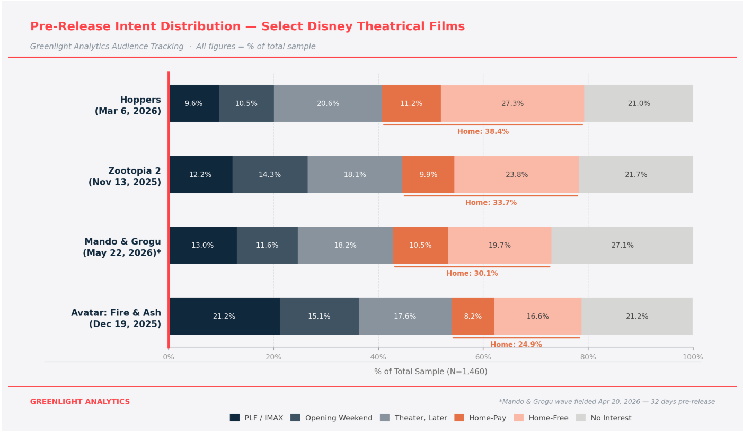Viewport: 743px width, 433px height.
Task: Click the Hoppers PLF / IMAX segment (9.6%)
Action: (193, 103)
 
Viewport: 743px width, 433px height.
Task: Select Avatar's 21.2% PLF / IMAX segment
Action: (224, 317)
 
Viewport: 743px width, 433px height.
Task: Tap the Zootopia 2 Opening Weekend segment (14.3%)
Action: (270, 175)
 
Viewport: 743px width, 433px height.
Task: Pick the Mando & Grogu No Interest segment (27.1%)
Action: (622, 246)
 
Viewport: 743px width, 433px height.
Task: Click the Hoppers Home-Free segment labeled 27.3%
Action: (512, 103)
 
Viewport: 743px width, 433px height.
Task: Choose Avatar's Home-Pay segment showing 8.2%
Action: (473, 317)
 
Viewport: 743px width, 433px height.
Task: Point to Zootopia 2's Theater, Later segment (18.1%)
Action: (355, 175)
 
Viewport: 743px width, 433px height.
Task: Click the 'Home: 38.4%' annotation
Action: (483, 132)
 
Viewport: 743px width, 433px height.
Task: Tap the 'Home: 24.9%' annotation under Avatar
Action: (516, 345)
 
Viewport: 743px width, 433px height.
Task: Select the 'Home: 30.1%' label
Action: (472, 274)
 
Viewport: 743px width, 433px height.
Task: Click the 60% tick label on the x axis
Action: (483, 357)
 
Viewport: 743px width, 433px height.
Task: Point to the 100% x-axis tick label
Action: (693, 357)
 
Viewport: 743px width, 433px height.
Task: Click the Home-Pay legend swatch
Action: (459, 418)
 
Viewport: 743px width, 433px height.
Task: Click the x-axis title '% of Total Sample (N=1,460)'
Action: (430, 372)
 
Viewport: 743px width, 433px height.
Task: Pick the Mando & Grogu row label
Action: (122, 247)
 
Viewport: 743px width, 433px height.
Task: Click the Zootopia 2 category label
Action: (125, 176)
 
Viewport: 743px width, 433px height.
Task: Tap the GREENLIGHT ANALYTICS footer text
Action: (79, 402)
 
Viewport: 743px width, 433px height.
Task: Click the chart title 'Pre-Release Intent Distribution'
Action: (247, 26)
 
